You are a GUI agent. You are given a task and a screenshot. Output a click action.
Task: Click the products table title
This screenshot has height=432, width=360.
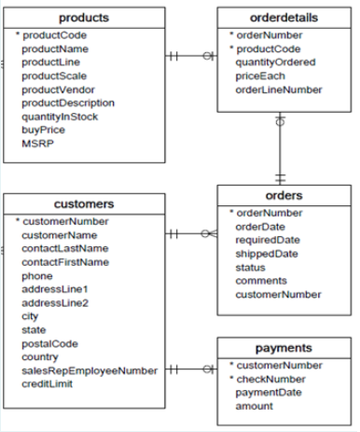tap(83, 18)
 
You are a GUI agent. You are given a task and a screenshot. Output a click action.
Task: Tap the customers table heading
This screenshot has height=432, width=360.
tap(85, 203)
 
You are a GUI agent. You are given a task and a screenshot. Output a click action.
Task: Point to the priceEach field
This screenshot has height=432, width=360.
tap(261, 76)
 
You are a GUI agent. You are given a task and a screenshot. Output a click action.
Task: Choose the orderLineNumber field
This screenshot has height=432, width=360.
tap(280, 90)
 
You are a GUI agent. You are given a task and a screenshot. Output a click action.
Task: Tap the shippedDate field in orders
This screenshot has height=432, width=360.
tap(267, 253)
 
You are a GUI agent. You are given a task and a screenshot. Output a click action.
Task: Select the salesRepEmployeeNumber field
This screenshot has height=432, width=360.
tap(90, 370)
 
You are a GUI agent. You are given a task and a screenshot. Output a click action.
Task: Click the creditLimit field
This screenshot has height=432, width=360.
tap(48, 383)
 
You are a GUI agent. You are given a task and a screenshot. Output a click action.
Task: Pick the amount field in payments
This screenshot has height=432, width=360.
tap(255, 406)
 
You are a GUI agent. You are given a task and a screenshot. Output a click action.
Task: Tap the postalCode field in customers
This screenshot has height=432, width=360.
tap(50, 342)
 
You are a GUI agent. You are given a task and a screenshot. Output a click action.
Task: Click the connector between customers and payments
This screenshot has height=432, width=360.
tap(191, 369)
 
